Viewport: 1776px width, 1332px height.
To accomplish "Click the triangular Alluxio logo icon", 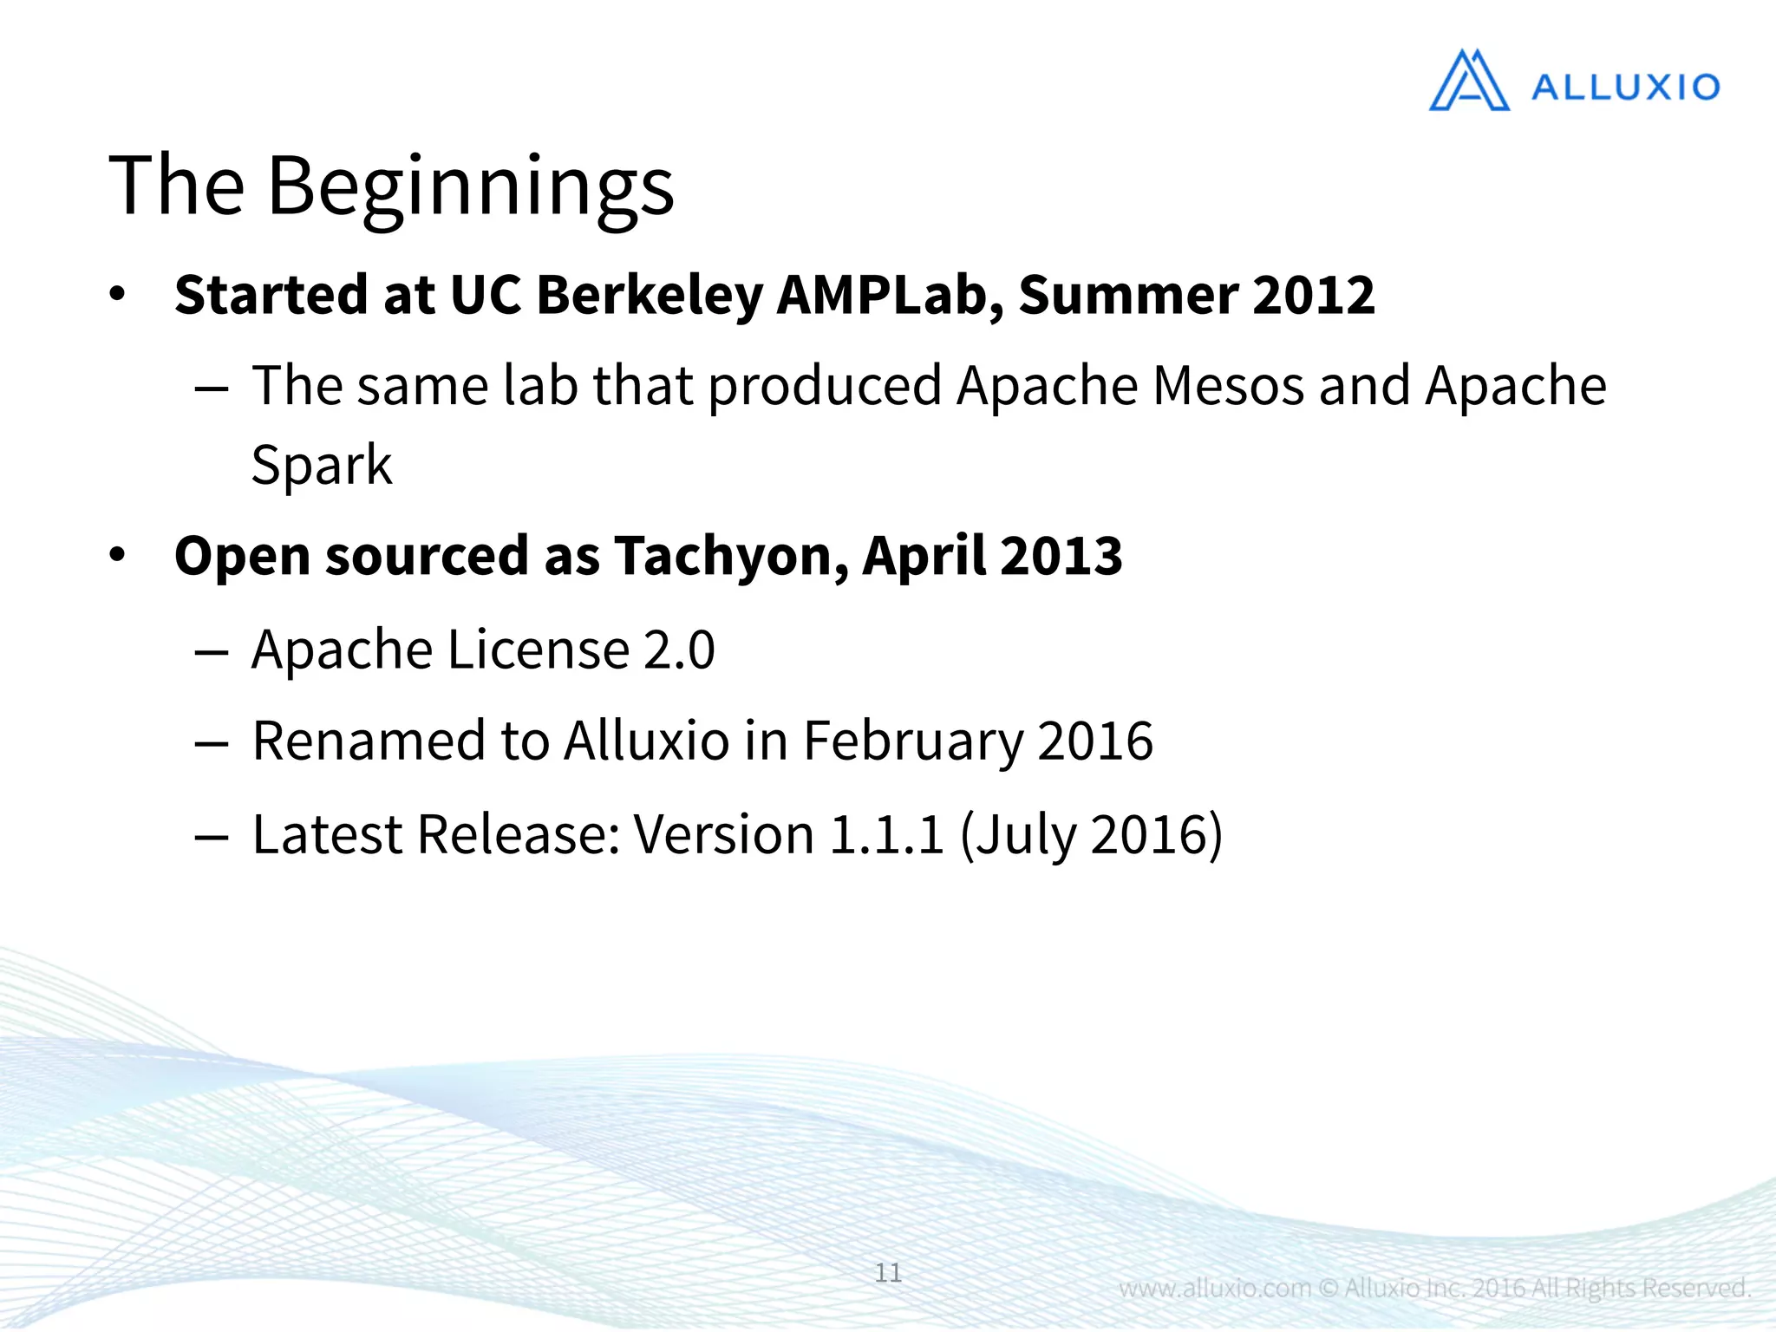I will coord(1468,82).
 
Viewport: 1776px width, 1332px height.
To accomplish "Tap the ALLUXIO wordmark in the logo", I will coord(1625,88).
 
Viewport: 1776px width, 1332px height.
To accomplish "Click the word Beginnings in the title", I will coord(471,186).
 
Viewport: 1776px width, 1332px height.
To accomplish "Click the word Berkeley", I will coord(650,295).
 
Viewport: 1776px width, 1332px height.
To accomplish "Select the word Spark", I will coord(321,466).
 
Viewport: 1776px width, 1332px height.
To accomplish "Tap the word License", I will coord(538,650).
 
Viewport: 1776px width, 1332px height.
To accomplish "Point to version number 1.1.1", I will coord(885,834).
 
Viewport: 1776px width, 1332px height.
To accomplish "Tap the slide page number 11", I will coord(888,1272).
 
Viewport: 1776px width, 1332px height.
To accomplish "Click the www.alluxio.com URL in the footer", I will coord(1214,1288).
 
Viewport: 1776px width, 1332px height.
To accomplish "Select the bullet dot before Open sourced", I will coord(118,555).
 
